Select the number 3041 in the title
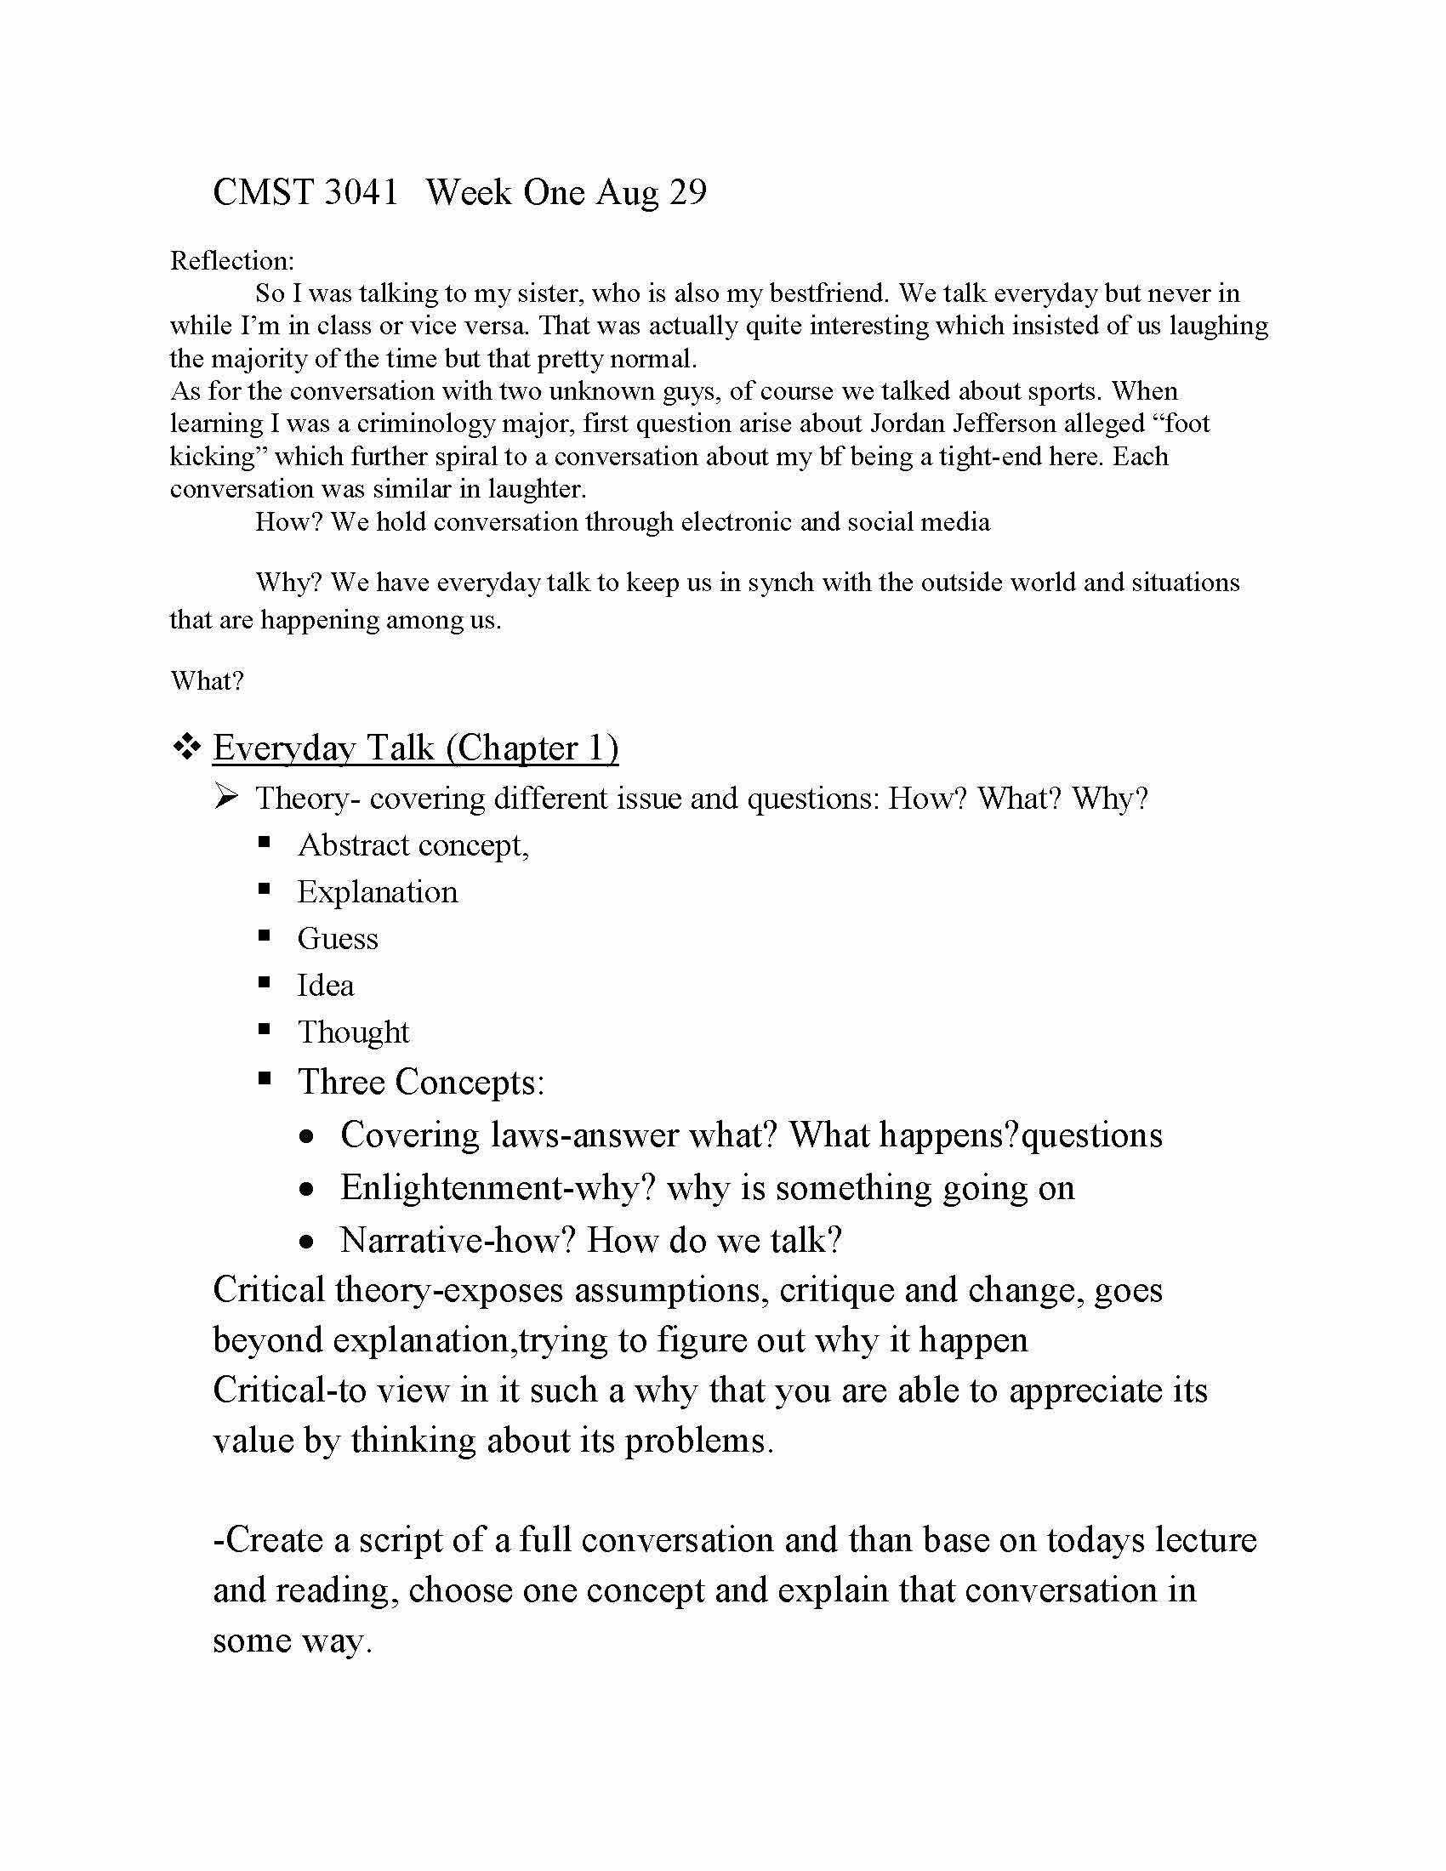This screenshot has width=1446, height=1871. click(361, 193)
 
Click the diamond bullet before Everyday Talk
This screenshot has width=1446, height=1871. click(186, 748)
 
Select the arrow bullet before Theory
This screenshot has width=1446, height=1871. click(227, 799)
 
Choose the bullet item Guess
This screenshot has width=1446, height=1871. click(338, 939)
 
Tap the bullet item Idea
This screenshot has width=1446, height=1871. click(326, 986)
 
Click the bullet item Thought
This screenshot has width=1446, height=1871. click(354, 1032)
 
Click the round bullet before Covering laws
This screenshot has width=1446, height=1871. click(308, 1138)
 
